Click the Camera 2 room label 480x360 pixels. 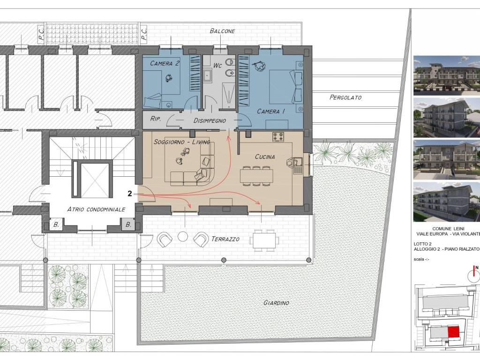(x=165, y=63)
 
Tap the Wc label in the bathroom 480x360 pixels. (x=217, y=66)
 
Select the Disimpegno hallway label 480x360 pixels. (x=210, y=120)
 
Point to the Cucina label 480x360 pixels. (x=265, y=157)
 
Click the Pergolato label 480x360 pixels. (x=345, y=97)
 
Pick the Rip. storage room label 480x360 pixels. (x=156, y=119)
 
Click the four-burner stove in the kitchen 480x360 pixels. (x=278, y=137)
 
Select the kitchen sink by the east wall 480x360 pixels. (x=298, y=165)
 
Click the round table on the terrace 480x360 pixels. (x=183, y=236)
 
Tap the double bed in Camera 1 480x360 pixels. (x=286, y=87)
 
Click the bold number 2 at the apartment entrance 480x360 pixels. (x=130, y=194)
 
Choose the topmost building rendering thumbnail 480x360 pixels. (x=447, y=75)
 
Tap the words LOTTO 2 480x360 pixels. (x=422, y=244)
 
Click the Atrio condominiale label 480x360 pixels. (x=96, y=210)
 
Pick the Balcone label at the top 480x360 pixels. (x=222, y=31)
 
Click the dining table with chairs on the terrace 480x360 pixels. (x=264, y=240)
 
